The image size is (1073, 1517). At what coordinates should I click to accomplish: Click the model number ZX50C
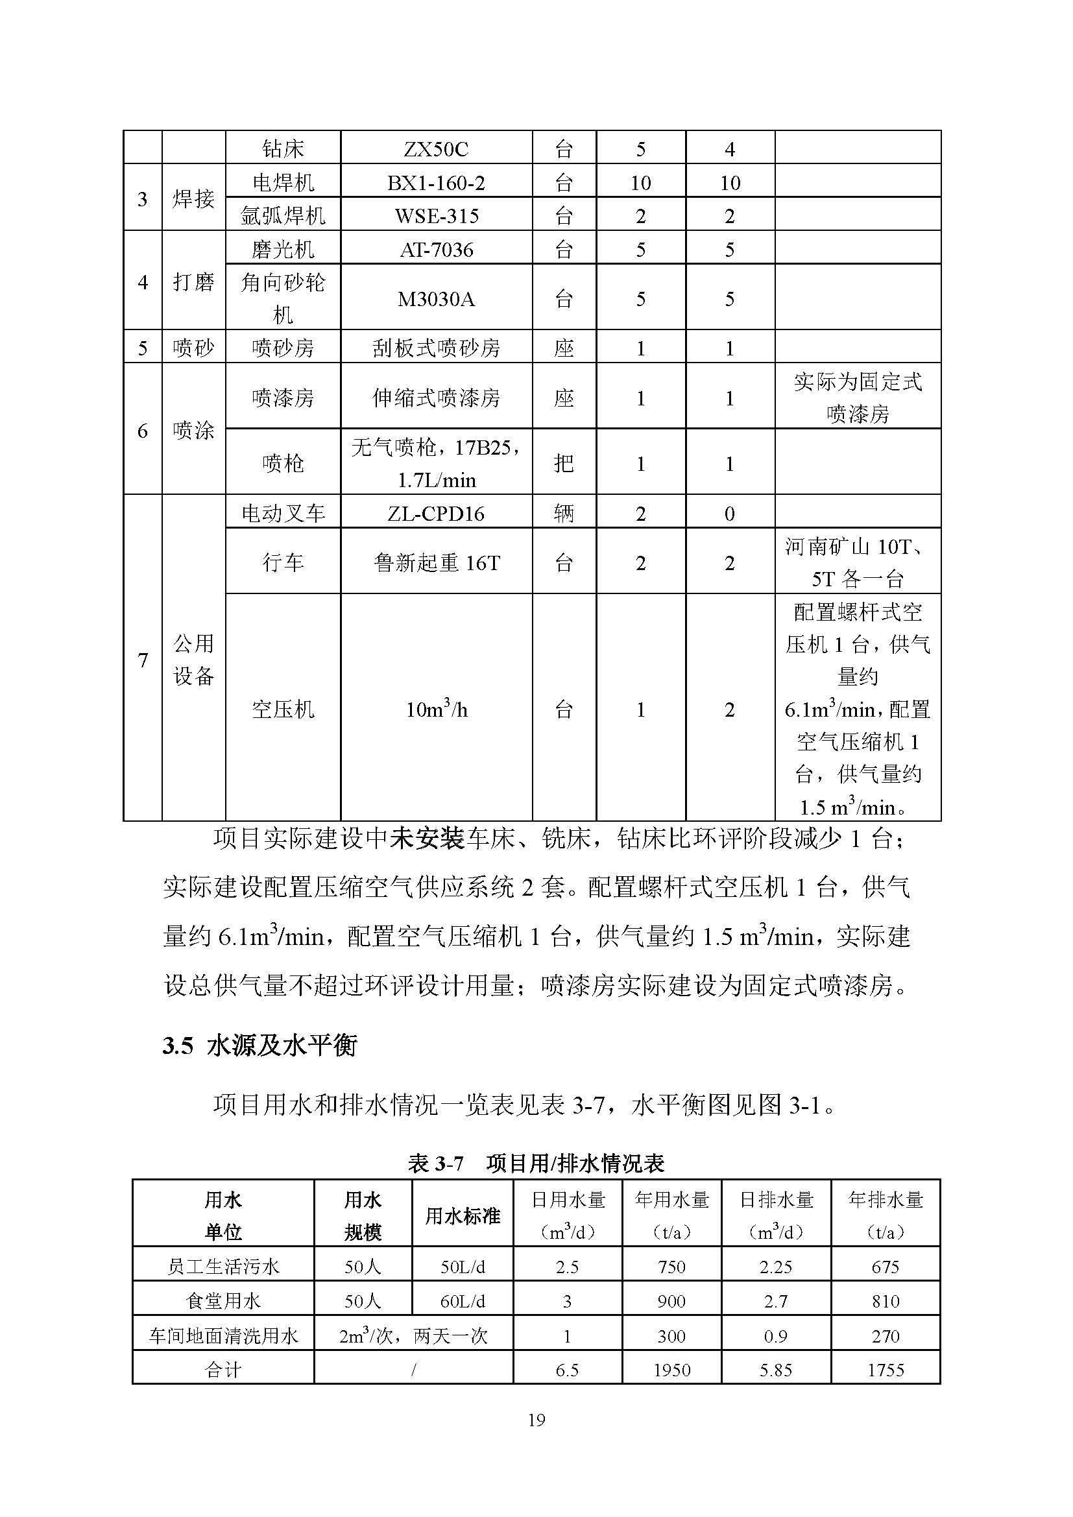coord(436,149)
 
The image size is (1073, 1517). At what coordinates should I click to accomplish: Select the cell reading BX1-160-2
coord(436,183)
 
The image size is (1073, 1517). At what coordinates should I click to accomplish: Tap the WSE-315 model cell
coord(436,216)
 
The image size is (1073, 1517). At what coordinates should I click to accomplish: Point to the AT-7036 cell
coord(436,250)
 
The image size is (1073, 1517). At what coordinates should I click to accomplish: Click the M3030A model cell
coord(436,299)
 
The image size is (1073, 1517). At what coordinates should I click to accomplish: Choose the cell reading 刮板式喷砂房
coord(436,348)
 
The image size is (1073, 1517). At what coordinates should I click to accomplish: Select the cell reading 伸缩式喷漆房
coord(436,398)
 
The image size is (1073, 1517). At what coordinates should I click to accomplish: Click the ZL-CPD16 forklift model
coord(436,514)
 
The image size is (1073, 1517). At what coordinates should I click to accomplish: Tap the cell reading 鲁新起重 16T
coord(436,563)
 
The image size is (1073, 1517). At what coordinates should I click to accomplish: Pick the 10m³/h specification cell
coord(436,710)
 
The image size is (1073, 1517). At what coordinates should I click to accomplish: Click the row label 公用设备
coord(193,660)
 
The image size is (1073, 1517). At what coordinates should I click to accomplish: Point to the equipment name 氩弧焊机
coord(283,216)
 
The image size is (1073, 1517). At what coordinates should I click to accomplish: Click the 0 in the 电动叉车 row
coord(729,514)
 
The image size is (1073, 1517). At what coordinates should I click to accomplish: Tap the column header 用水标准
coord(462,1215)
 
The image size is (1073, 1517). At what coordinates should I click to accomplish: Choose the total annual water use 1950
coord(671,1370)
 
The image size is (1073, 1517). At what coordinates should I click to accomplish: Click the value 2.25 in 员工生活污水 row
coord(776,1267)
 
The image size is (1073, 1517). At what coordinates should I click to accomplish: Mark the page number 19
coord(536,1420)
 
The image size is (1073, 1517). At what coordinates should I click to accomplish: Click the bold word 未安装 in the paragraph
coord(428,839)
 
